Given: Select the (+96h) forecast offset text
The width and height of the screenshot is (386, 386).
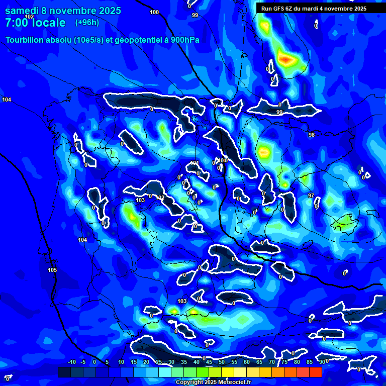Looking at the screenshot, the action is click(87, 22).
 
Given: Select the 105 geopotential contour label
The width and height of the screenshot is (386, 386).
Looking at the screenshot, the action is click(52, 270).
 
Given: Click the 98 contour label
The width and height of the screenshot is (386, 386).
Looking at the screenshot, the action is click(312, 135).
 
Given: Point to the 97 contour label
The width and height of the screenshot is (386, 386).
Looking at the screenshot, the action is click(311, 196).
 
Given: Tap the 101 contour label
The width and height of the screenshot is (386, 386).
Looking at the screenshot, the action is click(195, 163).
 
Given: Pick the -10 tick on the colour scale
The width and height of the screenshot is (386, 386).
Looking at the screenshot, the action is click(72, 362).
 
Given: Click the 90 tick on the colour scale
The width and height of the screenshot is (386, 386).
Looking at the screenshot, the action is click(321, 362).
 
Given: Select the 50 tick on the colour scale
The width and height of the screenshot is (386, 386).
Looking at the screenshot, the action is click(222, 362).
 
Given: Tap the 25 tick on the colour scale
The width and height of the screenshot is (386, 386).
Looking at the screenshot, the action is click(159, 362).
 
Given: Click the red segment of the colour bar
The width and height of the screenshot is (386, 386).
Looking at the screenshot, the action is click(315, 372).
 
